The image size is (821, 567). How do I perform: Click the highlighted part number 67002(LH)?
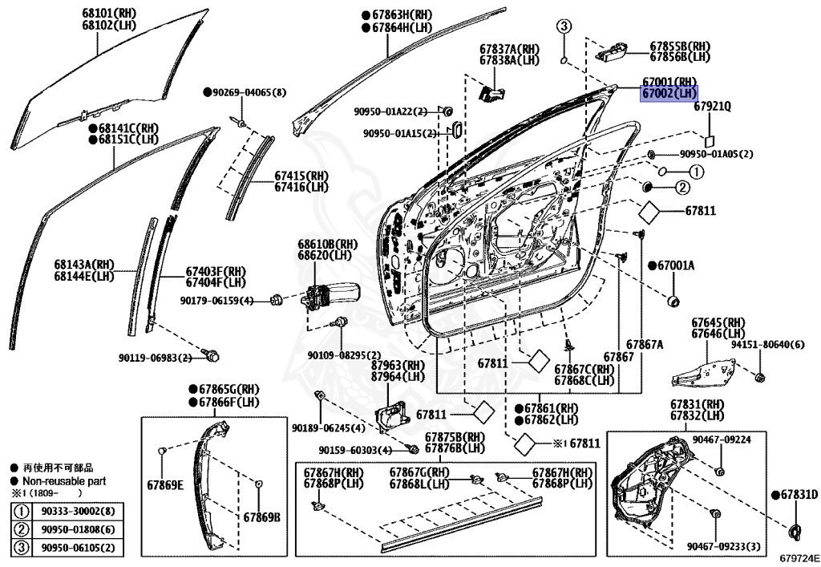click(x=669, y=93)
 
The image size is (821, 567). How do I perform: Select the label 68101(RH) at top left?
click(x=109, y=14)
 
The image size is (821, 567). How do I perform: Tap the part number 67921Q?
click(x=712, y=106)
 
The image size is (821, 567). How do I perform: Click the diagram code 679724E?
click(x=799, y=557)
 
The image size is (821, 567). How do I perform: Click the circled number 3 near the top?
click(x=564, y=26)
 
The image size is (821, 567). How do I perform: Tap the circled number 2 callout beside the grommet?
click(x=681, y=188)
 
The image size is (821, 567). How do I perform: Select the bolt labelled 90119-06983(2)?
click(x=212, y=354)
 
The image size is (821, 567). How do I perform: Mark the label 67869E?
click(x=165, y=484)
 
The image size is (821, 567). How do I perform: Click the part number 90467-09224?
click(x=722, y=439)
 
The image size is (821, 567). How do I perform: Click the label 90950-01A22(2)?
click(x=393, y=111)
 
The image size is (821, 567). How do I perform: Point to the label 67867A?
click(x=645, y=344)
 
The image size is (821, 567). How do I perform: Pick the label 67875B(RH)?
click(x=455, y=437)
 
